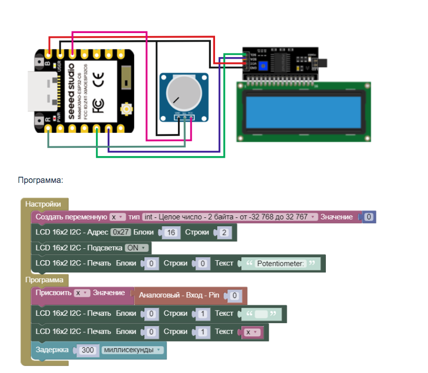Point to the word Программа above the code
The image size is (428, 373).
[40, 180]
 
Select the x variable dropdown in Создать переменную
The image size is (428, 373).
[118, 217]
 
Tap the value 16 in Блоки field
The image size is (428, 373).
[171, 232]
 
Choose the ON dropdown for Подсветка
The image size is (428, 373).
[137, 248]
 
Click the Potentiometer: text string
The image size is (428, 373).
[281, 263]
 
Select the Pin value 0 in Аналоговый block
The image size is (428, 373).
[234, 296]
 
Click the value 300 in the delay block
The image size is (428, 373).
[88, 350]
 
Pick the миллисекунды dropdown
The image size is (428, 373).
[133, 350]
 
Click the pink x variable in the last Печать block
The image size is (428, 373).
[252, 332]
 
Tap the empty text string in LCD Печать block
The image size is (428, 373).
[261, 313]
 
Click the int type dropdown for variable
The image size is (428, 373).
[230, 217]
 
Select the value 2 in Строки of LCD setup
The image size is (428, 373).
[223, 232]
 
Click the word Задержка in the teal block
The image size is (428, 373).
[52, 350]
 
